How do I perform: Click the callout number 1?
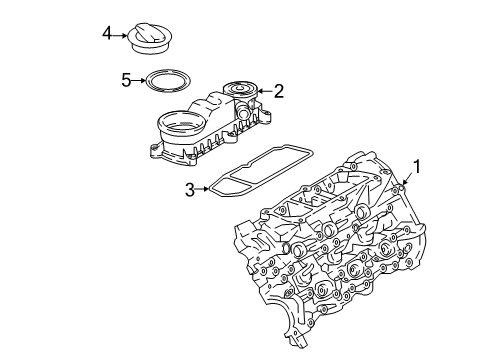point(417,167)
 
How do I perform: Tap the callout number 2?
point(279,91)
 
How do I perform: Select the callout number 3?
point(190,189)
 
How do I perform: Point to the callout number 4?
point(107,33)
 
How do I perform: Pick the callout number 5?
point(126,80)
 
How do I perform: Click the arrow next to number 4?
point(120,35)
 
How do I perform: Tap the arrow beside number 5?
point(139,80)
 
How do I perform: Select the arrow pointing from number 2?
point(265,91)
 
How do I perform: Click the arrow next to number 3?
point(202,189)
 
